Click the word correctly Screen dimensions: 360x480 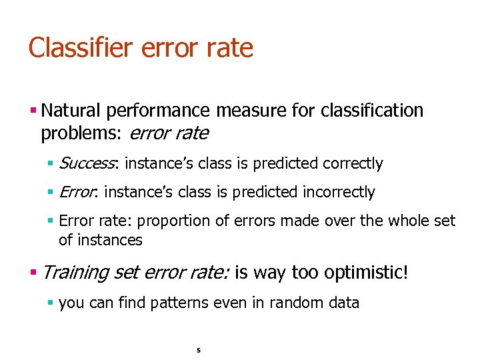(x=353, y=163)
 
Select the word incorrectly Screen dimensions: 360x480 (x=339, y=192)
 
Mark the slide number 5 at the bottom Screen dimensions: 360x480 (x=199, y=349)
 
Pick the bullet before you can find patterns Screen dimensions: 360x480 (x=51, y=303)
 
